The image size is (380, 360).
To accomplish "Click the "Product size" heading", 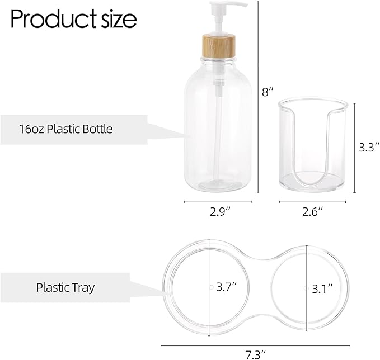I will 73,20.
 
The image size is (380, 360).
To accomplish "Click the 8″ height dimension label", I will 268,92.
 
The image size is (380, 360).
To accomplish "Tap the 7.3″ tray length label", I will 255,353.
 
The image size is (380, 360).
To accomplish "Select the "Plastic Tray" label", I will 65,288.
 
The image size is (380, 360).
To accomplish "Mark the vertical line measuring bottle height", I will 258,95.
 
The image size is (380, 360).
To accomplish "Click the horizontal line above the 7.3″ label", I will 255,345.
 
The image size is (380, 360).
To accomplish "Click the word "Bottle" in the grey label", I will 97,129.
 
